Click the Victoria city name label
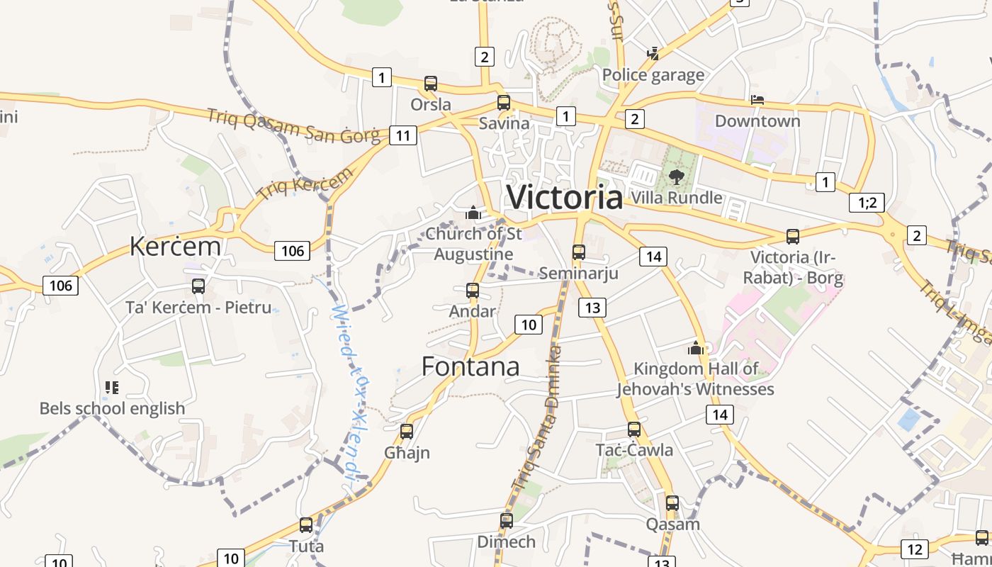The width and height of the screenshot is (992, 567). click(565, 196)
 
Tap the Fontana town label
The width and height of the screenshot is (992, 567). click(470, 366)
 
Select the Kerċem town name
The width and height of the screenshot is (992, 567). click(175, 246)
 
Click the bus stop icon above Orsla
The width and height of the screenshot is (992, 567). click(430, 83)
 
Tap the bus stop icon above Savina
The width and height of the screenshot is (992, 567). click(504, 102)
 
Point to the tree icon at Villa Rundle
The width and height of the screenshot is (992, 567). click(676, 176)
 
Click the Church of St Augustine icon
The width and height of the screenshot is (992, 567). click(473, 212)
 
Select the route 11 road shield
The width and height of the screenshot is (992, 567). click(402, 135)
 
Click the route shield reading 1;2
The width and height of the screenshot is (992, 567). click(867, 203)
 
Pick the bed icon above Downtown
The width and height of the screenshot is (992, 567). click(757, 100)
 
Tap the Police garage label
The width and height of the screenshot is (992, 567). click(653, 75)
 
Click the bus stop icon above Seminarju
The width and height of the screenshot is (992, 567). click(579, 252)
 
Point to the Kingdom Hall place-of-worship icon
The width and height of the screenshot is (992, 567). click(695, 348)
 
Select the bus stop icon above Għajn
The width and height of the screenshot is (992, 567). click(407, 431)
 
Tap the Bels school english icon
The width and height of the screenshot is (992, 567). click(112, 387)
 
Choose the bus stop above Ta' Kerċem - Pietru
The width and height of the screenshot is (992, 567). click(198, 286)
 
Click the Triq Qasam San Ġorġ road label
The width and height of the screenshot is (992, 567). click(293, 126)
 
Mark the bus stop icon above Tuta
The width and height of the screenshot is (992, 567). click(306, 525)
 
